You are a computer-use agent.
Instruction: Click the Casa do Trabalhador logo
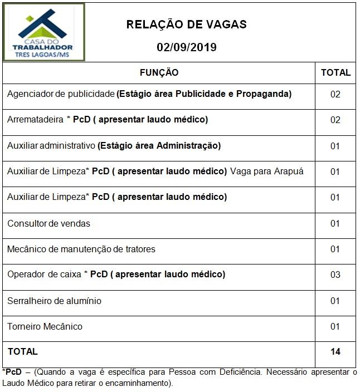click(45, 32)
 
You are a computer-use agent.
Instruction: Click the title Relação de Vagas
click(186, 24)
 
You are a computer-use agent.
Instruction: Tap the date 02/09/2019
click(186, 47)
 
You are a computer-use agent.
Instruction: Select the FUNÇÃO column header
click(159, 72)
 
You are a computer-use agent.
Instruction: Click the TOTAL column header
click(335, 72)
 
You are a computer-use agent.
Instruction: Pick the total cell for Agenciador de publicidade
click(335, 94)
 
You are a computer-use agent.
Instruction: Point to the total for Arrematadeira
click(335, 120)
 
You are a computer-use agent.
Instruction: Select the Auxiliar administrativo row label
click(51, 146)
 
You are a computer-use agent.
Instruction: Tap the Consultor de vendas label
click(48, 223)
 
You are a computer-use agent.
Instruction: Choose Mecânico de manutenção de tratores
click(81, 249)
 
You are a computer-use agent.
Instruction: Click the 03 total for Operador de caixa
click(335, 275)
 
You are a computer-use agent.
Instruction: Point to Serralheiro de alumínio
click(54, 301)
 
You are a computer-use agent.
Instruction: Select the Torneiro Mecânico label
click(45, 326)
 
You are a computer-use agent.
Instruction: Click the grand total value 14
click(335, 351)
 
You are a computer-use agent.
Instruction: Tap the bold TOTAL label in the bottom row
click(22, 351)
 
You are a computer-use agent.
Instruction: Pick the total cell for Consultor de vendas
click(335, 223)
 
